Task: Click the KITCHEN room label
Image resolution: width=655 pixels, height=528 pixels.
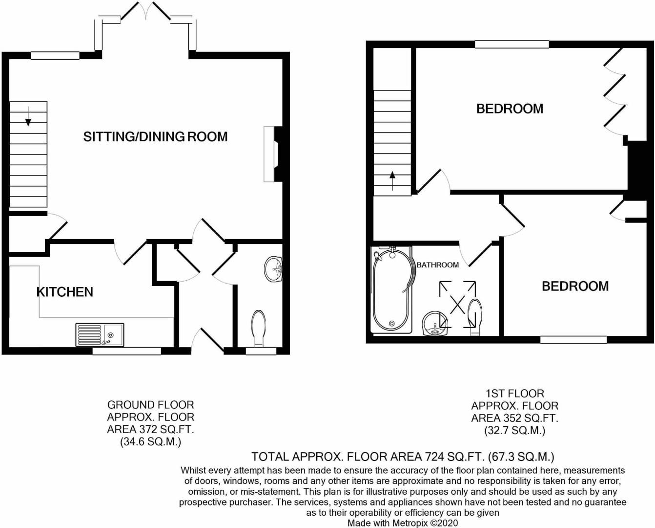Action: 65,292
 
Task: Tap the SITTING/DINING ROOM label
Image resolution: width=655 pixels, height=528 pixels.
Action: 156,136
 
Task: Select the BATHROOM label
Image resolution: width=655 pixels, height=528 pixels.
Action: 438,265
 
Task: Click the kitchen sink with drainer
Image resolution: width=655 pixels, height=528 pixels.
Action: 100,335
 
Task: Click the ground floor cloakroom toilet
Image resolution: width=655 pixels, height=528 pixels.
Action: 258,329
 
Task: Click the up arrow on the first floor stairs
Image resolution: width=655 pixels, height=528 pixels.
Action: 392,181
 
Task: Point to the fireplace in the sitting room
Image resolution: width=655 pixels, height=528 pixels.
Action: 273,154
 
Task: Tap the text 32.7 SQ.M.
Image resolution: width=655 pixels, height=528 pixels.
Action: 515,430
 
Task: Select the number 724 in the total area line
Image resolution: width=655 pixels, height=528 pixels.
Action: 433,456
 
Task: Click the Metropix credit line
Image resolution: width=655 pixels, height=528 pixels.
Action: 403,523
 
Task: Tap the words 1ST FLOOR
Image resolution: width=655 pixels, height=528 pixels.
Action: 515,393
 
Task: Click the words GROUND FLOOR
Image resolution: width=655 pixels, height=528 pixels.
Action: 151,405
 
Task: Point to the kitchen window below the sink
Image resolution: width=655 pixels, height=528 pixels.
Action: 126,351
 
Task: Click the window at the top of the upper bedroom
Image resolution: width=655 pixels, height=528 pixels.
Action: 512,44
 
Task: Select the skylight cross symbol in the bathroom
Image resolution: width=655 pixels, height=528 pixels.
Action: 457,304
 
